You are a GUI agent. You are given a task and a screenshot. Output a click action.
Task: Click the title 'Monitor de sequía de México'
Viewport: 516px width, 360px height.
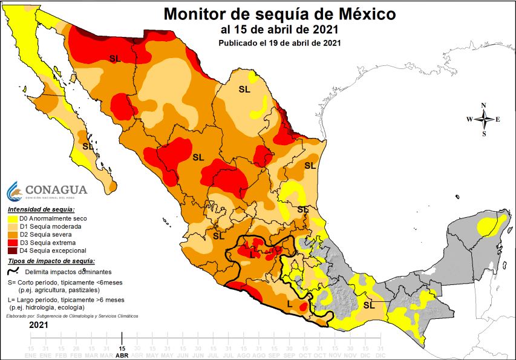[x=281, y=13]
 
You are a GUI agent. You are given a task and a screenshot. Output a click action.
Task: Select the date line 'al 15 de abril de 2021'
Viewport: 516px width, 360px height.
[x=279, y=29]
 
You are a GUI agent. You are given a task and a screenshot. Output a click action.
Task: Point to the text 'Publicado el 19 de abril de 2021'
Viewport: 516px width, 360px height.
[x=279, y=42]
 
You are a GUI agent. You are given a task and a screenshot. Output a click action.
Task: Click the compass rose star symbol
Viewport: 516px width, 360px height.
[x=484, y=119]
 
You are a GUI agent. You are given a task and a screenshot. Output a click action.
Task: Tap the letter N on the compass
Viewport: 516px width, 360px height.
[x=484, y=105]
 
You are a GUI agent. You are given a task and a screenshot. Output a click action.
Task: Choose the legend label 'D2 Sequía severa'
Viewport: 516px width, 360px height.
[x=45, y=235]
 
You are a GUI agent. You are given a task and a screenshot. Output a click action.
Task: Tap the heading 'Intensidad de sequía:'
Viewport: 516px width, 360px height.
[x=42, y=209]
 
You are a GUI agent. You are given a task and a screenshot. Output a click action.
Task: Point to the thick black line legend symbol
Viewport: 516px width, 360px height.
[x=15, y=272]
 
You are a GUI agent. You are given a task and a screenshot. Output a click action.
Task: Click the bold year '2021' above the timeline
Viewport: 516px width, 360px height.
[x=39, y=325]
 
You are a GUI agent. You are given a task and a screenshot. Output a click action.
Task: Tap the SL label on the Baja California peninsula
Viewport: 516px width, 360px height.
[x=88, y=146]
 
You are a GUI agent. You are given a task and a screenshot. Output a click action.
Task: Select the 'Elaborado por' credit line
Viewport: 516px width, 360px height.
[x=72, y=316]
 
